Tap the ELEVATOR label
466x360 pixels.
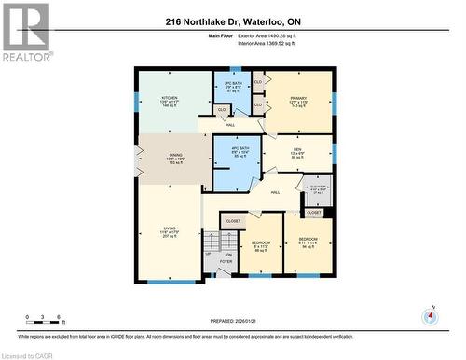tap(319, 189)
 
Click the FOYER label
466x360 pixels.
tap(226, 261)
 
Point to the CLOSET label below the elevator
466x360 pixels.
tap(314, 213)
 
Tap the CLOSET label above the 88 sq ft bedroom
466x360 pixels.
tap(233, 221)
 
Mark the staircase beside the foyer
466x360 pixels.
tap(209, 259)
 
